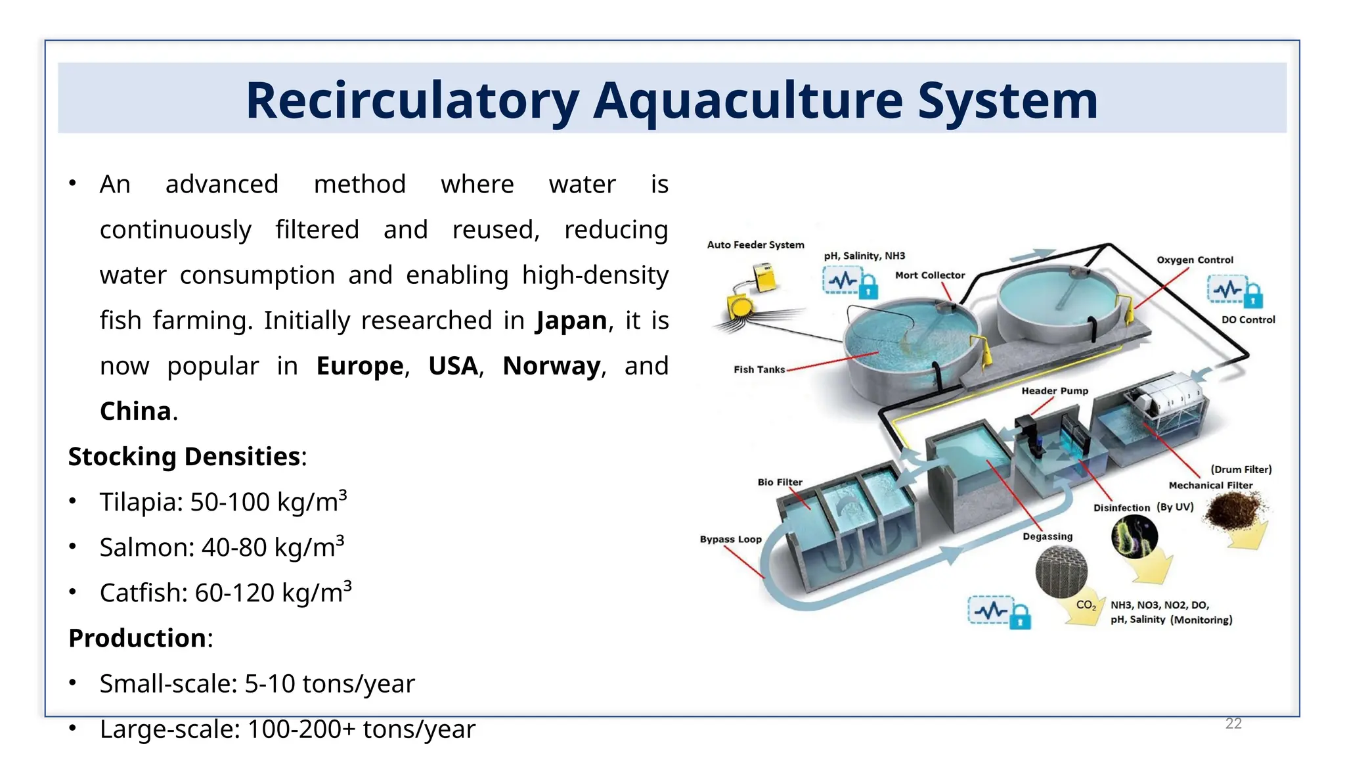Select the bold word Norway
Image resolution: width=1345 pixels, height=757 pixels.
coord(551,366)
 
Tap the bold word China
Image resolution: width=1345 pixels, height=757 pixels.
coord(135,411)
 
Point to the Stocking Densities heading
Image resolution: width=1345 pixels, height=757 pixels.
coord(185,457)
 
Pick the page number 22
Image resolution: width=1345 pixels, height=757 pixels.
coord(1233,723)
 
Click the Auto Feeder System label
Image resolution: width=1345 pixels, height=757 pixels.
coord(755,245)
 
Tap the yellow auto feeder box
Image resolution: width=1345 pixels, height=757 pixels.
coord(764,277)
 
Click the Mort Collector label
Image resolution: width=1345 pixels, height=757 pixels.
coord(930,275)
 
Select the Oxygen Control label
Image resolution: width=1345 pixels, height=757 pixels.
coord(1195,260)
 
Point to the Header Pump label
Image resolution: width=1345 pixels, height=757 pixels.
coord(1055,391)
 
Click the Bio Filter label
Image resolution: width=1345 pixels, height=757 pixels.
coord(780,482)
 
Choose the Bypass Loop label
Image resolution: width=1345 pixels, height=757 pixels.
coord(730,539)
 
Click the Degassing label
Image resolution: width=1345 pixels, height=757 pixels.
coord(1047,537)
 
